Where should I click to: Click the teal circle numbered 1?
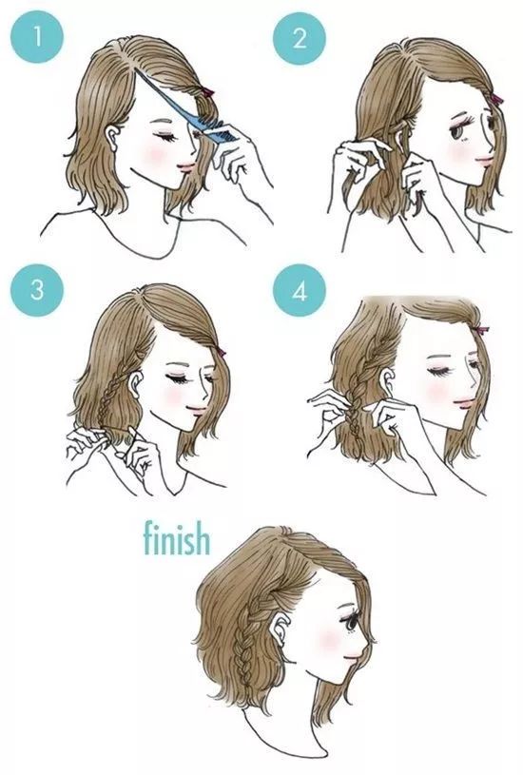tap(36, 37)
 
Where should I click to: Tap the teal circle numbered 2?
tap(300, 38)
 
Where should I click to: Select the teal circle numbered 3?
tap(36, 290)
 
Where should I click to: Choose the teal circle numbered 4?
tap(300, 291)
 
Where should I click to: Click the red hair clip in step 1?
tap(206, 92)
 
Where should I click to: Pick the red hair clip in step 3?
tap(221, 352)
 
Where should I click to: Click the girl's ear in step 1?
tap(114, 136)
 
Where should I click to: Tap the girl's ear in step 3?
tap(135, 383)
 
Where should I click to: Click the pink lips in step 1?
tap(187, 166)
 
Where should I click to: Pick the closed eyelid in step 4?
tap(438, 370)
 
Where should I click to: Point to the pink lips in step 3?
tap(198, 410)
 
